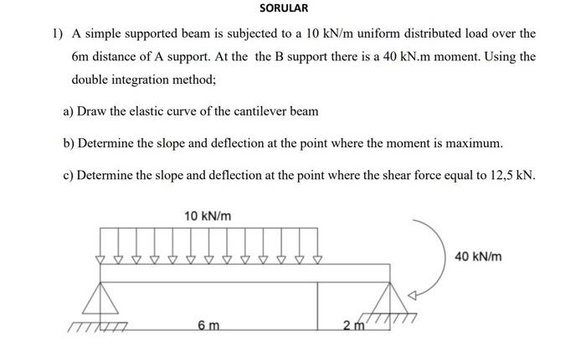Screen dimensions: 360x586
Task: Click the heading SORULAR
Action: click(283, 8)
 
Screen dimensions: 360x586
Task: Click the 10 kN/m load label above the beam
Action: click(208, 216)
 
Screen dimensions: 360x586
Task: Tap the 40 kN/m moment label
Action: click(478, 256)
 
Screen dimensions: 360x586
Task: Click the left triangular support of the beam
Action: click(103, 299)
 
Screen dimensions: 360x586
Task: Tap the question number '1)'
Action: click(57, 34)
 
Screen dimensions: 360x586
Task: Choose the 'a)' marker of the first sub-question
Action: click(69, 111)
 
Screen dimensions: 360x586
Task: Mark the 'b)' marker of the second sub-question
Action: click(69, 143)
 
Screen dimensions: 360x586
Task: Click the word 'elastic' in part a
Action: click(154, 111)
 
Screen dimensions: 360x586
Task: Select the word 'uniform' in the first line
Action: click(355, 34)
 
